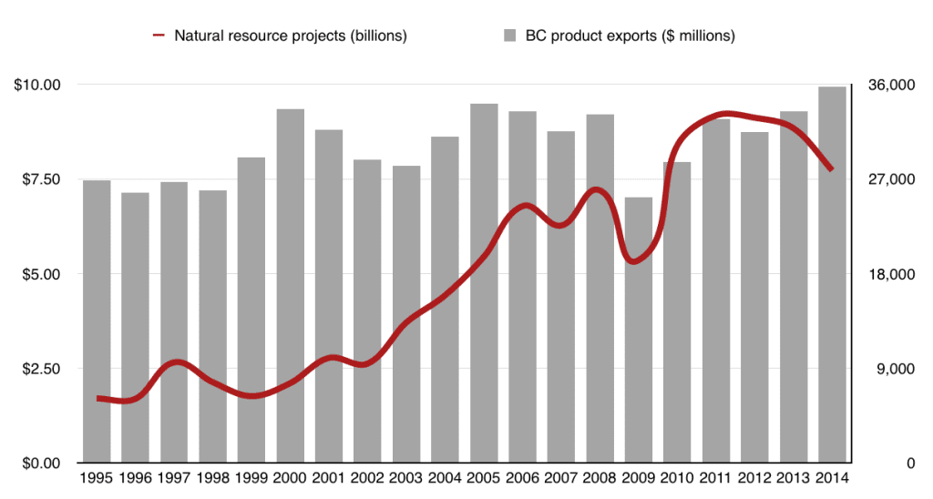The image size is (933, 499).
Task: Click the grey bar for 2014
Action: click(832, 273)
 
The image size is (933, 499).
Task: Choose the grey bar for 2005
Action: click(484, 282)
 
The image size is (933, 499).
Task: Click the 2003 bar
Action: click(406, 313)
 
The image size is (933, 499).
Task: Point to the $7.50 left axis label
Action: click(37, 179)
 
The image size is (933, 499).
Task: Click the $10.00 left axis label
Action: click(36, 85)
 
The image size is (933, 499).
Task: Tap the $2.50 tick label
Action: click(37, 369)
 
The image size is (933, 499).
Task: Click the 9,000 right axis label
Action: click(892, 369)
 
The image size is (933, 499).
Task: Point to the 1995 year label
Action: click(97, 479)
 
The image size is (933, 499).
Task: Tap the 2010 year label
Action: click(677, 479)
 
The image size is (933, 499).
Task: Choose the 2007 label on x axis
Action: click(561, 479)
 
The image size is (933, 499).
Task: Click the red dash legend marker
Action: click(159, 36)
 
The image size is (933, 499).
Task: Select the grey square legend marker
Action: click(509, 36)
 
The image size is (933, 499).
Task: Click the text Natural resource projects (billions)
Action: click(290, 36)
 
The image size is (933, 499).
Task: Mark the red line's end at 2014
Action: click(831, 169)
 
